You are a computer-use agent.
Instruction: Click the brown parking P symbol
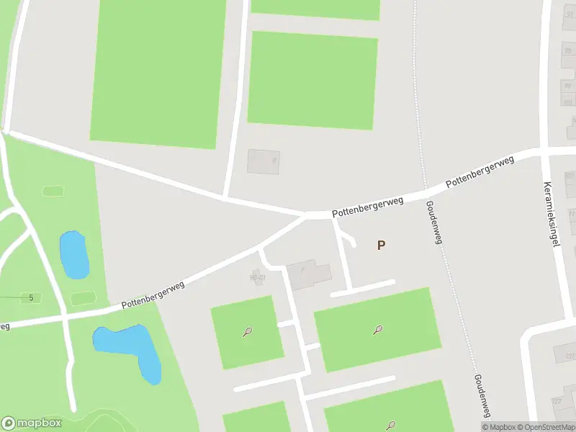[x=381, y=245]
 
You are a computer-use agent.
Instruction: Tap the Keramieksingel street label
[x=552, y=214]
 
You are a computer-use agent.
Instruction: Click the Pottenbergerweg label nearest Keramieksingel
[x=480, y=174]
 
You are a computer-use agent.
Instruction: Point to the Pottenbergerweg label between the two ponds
[x=153, y=295]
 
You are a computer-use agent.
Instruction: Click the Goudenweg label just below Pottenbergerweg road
[x=432, y=222]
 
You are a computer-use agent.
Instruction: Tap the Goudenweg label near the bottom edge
[x=481, y=395]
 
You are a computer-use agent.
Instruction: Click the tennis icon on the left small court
[x=247, y=333]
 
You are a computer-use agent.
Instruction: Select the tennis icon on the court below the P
[x=377, y=330]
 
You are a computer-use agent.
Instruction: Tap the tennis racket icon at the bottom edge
[x=392, y=425]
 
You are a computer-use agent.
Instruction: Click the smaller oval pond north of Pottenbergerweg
[x=73, y=254]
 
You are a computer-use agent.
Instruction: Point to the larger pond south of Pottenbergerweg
[x=130, y=349]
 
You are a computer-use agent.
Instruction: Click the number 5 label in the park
[x=31, y=297]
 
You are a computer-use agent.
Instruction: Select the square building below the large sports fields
[x=263, y=161]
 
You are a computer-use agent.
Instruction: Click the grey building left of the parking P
[x=310, y=274]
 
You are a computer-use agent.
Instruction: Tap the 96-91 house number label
[x=257, y=277]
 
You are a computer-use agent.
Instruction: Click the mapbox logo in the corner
[x=32, y=423]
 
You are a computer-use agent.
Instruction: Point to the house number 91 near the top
[x=569, y=14]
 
